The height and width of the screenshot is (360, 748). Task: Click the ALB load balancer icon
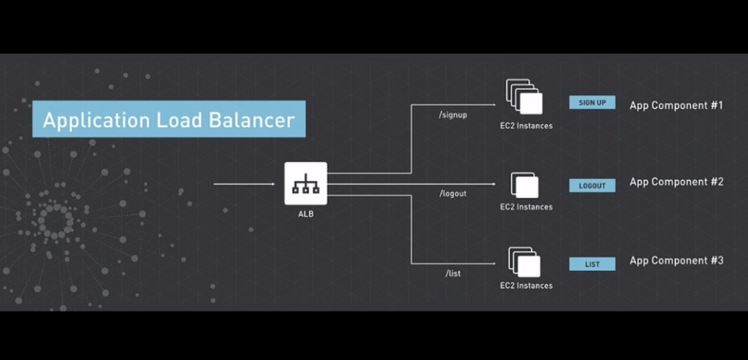[305, 183]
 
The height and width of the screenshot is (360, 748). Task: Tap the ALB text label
[306, 214]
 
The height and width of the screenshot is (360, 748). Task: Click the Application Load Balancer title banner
[169, 120]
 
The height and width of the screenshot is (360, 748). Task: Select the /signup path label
[453, 115]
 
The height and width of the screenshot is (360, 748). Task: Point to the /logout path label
[453, 194]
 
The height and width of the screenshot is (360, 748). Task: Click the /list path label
[453, 273]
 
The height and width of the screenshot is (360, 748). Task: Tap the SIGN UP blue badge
[592, 103]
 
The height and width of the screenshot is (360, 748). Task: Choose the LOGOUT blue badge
[592, 185]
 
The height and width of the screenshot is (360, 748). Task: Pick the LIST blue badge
[592, 264]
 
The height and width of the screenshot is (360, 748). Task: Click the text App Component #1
[676, 105]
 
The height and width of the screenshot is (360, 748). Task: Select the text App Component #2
[676, 182]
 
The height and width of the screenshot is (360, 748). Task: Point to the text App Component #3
[676, 261]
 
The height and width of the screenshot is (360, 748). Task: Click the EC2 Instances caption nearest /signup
[526, 126]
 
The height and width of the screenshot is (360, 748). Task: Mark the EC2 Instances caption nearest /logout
[526, 207]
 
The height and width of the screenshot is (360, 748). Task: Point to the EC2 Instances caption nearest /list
[526, 286]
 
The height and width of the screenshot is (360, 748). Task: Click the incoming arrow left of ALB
[244, 184]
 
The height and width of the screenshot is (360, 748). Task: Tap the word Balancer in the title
[249, 120]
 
